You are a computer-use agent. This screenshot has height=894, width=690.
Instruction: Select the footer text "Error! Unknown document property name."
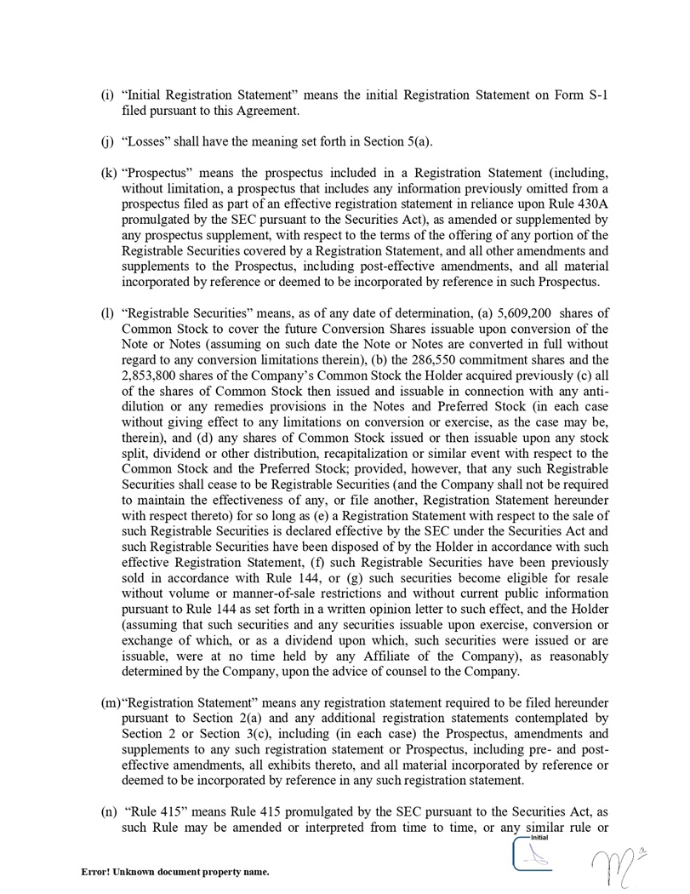[175, 872]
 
